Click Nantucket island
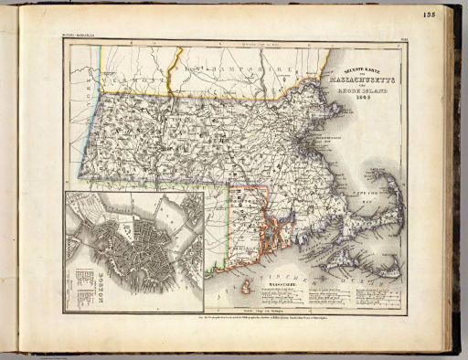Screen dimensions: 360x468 point(388,267)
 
